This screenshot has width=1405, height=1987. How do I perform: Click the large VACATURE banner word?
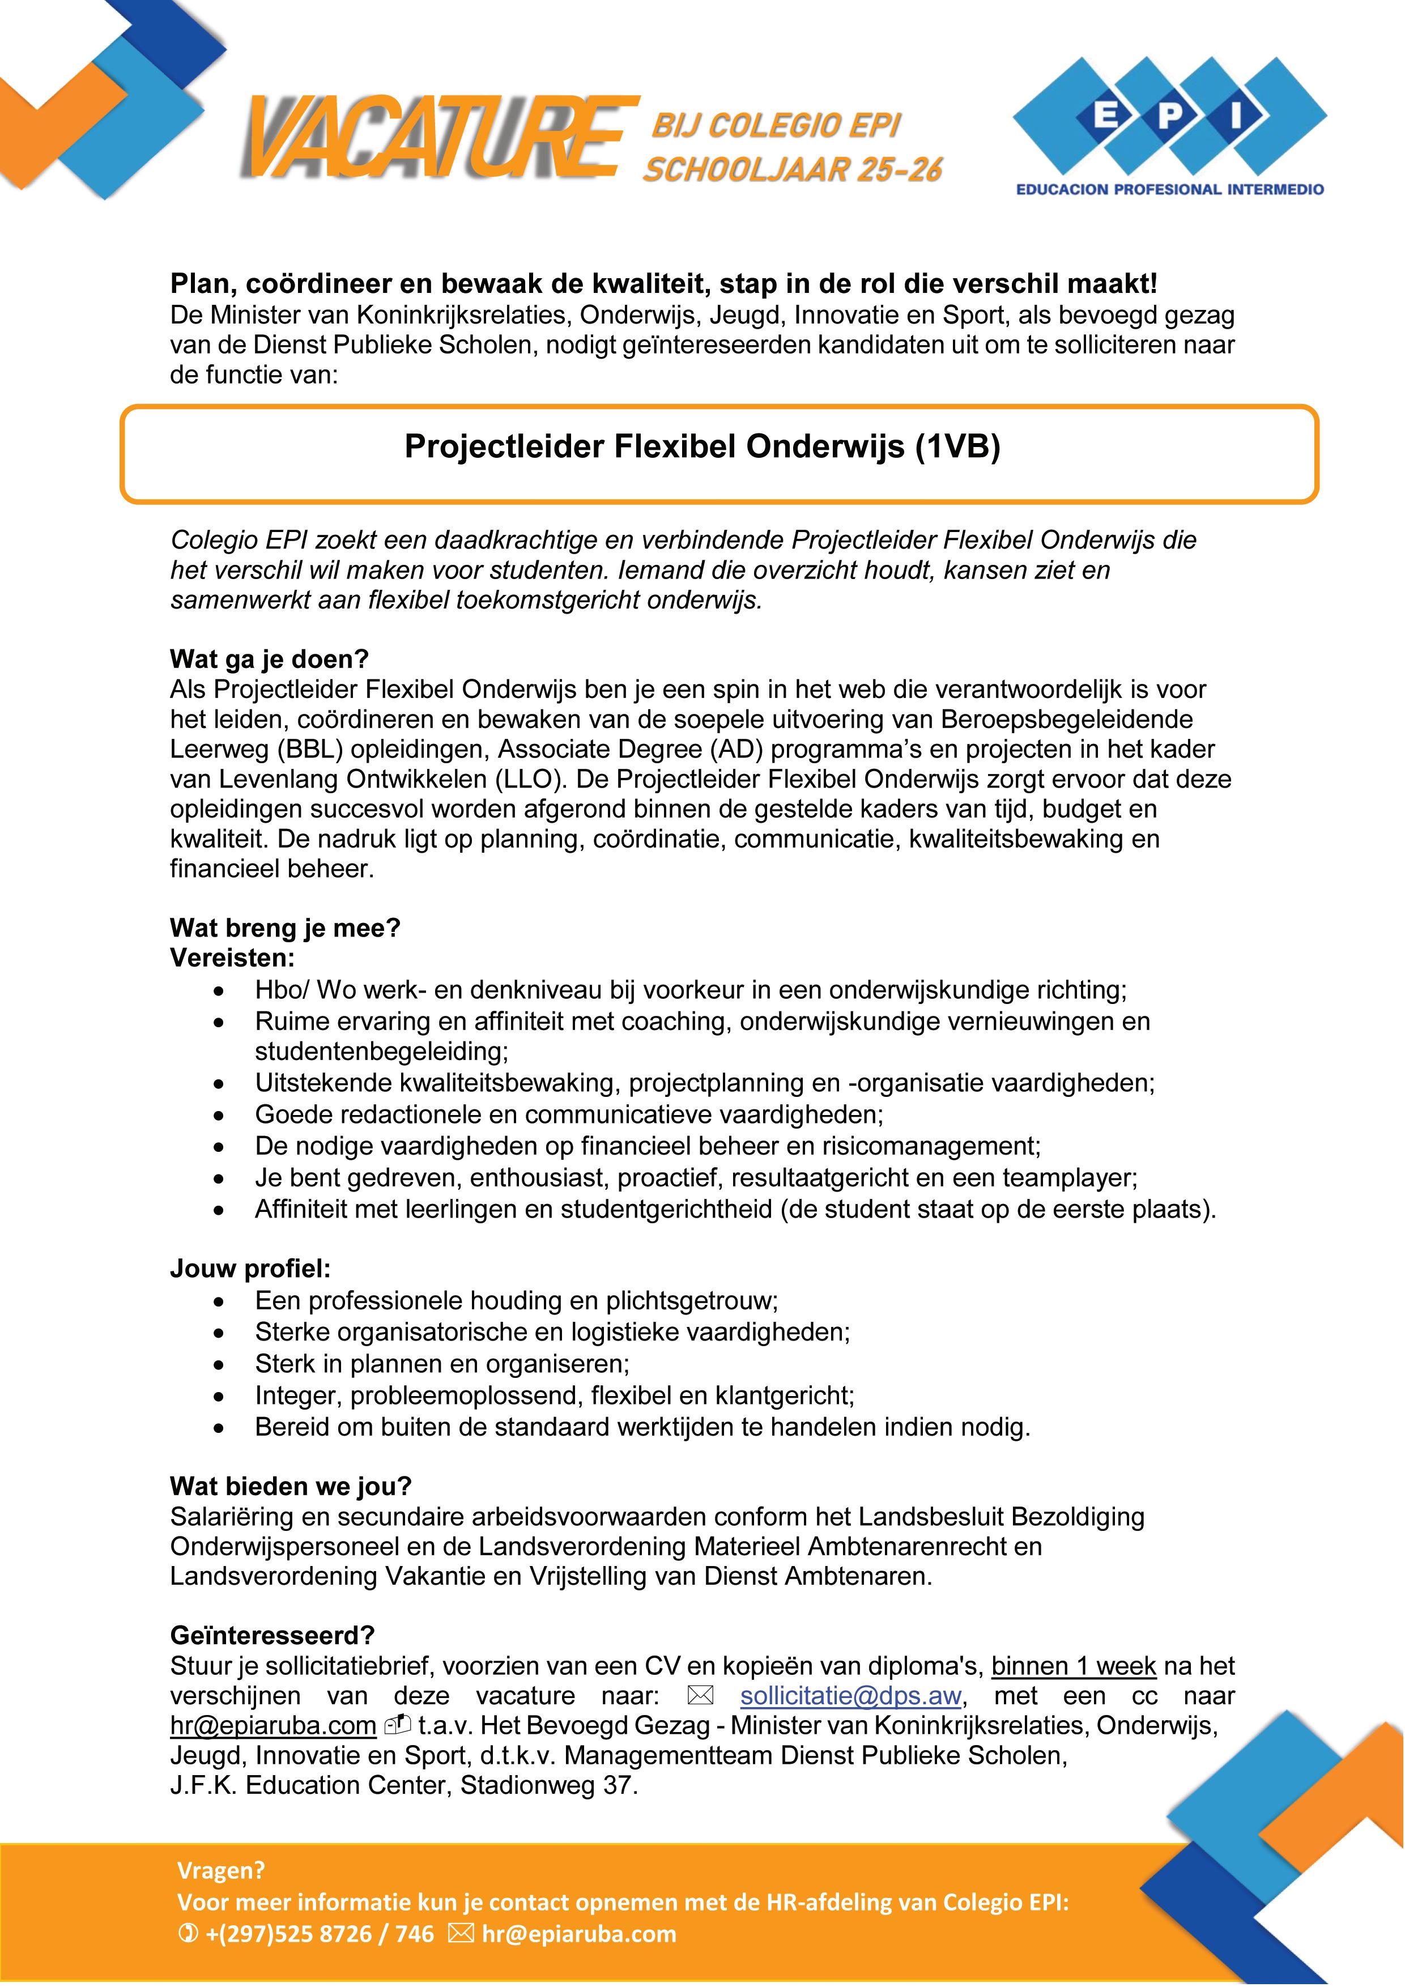coord(433,138)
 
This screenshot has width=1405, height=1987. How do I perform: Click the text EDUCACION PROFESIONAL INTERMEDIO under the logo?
coord(1170,189)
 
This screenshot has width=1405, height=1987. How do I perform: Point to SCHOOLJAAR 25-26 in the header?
coord(791,169)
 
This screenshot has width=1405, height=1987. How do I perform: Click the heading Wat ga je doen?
coord(269,660)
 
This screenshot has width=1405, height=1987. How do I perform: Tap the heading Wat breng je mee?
coord(286,929)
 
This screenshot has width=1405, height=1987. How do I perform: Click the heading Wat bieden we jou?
coord(291,1487)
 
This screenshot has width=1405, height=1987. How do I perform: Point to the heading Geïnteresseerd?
coord(273,1636)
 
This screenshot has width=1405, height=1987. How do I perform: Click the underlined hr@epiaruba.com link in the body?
coord(273,1726)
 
